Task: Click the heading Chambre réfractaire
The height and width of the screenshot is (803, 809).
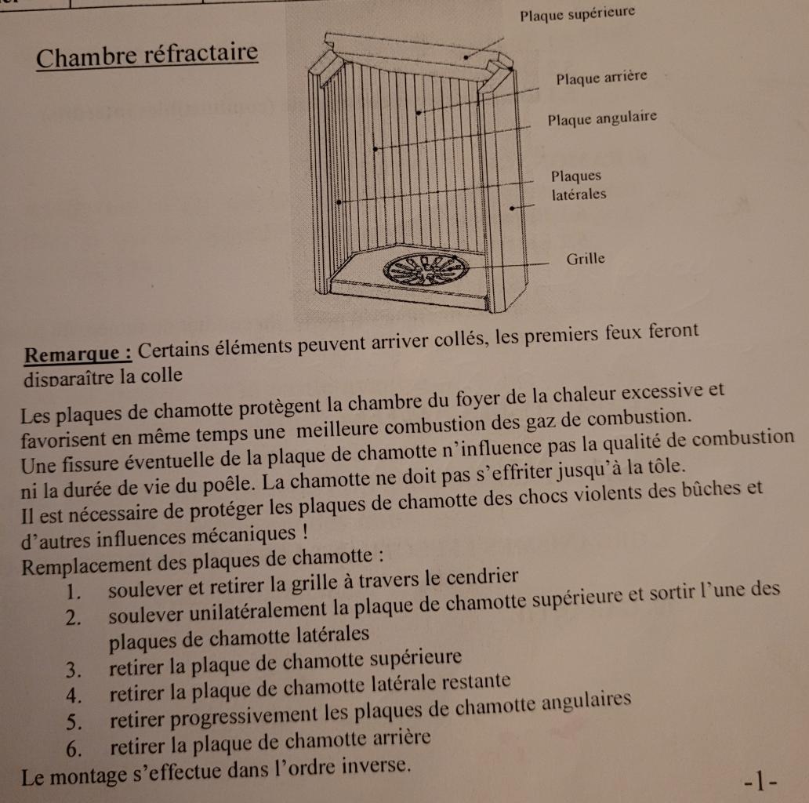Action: (147, 56)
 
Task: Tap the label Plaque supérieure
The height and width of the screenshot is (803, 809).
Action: (577, 13)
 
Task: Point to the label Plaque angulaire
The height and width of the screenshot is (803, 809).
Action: (601, 118)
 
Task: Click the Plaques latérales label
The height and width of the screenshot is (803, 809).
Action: (579, 185)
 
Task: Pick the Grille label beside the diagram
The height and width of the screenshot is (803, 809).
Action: (586, 258)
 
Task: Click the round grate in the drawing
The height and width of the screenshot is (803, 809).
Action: (425, 271)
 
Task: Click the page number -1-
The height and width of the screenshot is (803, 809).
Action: (762, 781)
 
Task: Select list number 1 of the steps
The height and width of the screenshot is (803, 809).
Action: (74, 590)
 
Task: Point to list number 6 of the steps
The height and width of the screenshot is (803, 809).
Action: (74, 748)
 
